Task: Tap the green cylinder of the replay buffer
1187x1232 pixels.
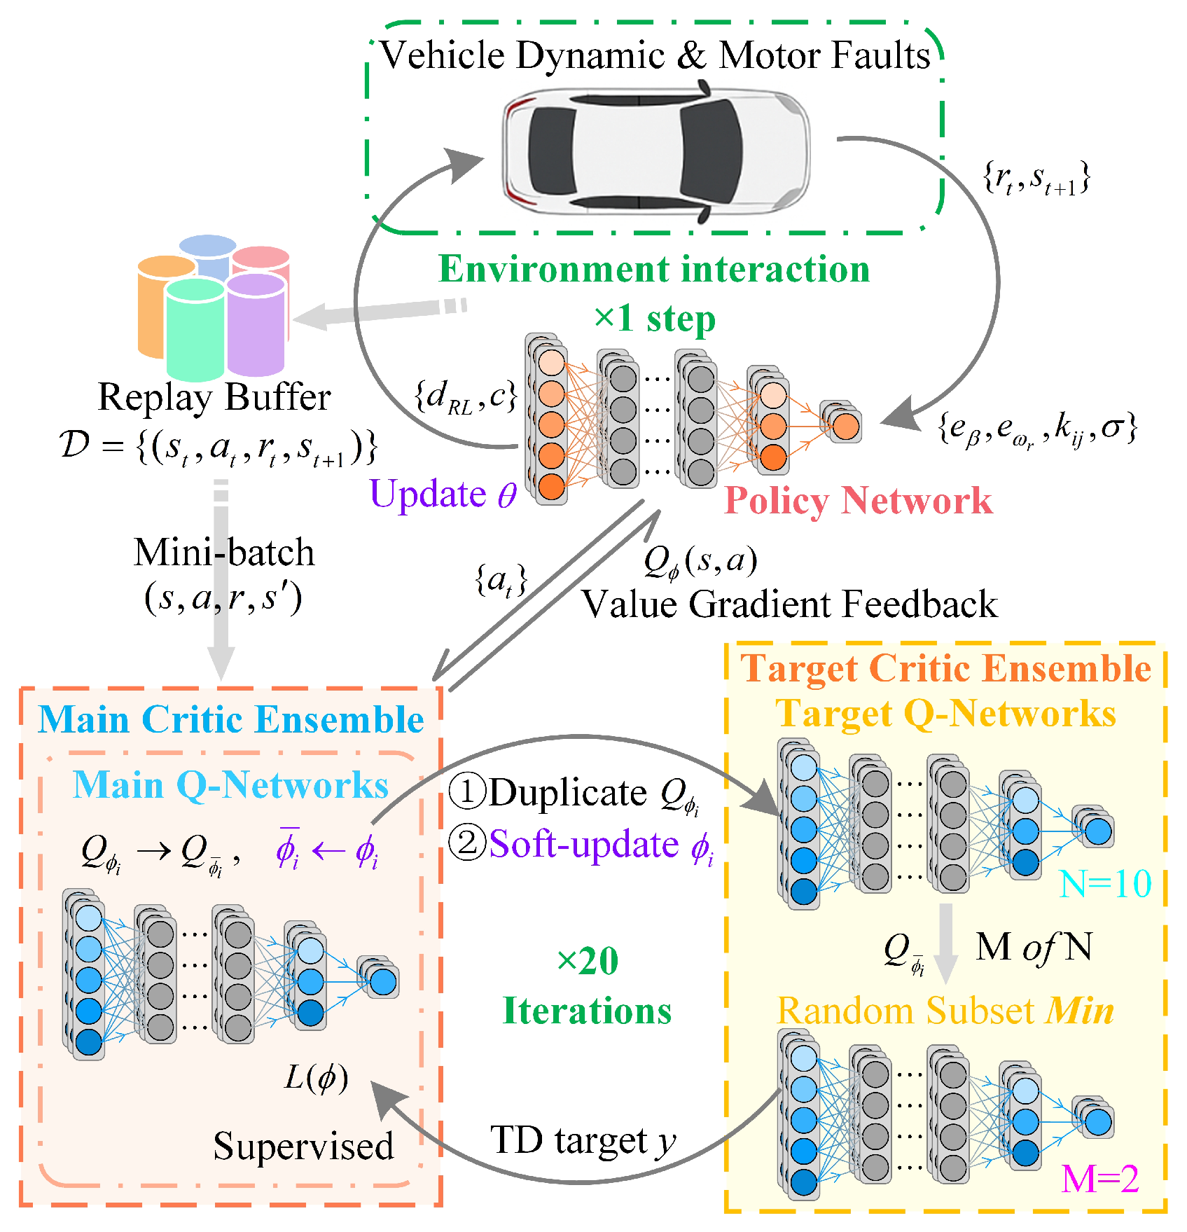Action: tap(195, 329)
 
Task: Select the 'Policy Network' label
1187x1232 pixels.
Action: tap(858, 500)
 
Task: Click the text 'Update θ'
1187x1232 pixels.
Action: tap(443, 494)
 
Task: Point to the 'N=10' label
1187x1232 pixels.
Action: tap(1104, 884)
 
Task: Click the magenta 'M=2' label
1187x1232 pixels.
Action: tap(1099, 1179)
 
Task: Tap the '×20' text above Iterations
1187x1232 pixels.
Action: tap(587, 961)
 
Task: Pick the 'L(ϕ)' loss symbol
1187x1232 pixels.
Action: tap(316, 1077)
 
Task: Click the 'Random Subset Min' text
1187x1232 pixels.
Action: tap(945, 1011)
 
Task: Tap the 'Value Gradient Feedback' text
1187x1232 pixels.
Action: tap(789, 604)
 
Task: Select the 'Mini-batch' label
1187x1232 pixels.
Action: tap(224, 553)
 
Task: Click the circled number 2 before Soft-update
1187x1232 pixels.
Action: tap(466, 843)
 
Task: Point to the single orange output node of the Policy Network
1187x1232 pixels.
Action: tap(846, 426)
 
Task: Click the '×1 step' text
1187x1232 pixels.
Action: tap(654, 319)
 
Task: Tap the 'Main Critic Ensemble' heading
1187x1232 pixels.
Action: tap(230, 719)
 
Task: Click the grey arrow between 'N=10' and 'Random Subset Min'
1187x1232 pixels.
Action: tap(945, 942)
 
